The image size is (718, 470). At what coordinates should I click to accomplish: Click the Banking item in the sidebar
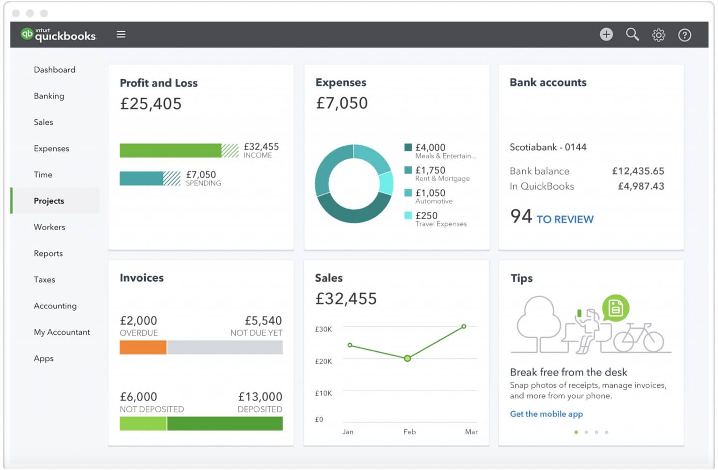coord(49,96)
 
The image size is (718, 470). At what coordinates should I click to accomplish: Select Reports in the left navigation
coord(48,253)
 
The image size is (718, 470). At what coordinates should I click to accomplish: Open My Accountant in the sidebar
coord(62,332)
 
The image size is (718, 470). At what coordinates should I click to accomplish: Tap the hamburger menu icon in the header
coord(121,34)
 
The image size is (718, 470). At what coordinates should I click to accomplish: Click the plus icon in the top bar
coord(606,34)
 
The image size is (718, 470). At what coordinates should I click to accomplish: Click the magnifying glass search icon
coord(632,34)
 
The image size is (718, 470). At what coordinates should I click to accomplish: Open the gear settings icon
coord(659,35)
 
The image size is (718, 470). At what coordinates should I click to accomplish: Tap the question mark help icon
coord(684,35)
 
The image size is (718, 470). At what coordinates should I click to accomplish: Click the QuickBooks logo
coord(58,34)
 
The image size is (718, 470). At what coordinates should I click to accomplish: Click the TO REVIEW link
coord(565,219)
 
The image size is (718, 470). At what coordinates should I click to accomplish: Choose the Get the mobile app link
coord(546,414)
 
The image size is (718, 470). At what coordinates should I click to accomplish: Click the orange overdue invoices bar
coord(143,347)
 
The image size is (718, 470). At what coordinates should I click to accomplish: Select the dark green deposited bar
coord(225,423)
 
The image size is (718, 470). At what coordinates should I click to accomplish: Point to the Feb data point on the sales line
coord(408,358)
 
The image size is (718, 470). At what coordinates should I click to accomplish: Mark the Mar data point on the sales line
coord(464,327)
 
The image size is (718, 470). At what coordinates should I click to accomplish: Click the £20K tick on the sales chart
coord(323,361)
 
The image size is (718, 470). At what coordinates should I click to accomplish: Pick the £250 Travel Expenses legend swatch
coord(408,215)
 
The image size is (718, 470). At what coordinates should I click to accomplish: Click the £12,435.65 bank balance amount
coord(638,171)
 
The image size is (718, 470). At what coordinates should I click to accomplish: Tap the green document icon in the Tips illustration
coord(616,308)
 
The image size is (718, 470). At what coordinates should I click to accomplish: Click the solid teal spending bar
coord(141,178)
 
